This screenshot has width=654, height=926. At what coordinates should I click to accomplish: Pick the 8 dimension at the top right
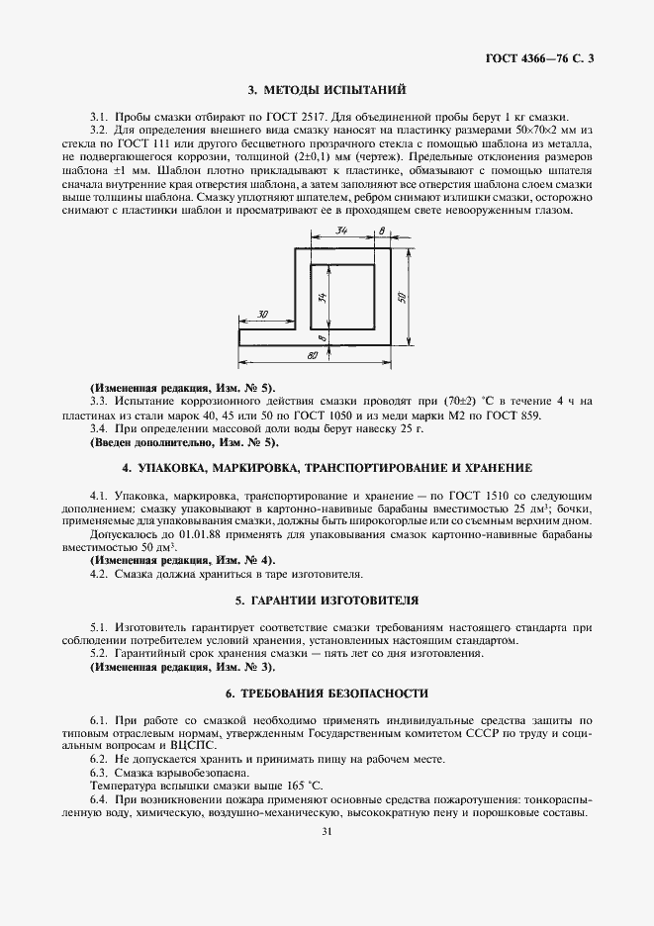pos(382,231)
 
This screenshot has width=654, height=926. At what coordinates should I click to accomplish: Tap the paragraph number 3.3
pos(98,401)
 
